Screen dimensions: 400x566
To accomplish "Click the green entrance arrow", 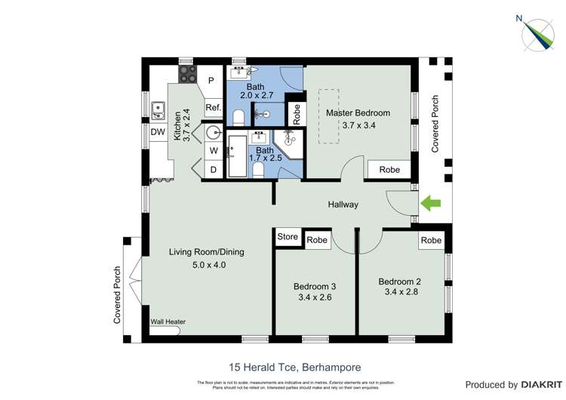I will tap(430, 202).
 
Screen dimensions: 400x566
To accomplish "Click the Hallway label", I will tap(343, 205).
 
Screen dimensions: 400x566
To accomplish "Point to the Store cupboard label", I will tap(288, 237).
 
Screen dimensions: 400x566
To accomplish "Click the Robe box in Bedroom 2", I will tap(431, 240).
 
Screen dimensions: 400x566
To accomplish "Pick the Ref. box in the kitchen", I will tap(213, 109).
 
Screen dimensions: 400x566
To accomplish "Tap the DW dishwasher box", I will tap(158, 132).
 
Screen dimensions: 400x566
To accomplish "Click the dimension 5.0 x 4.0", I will tap(208, 265).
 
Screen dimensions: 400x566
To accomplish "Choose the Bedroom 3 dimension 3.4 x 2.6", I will tap(315, 297).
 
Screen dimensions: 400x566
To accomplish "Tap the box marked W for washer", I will tap(214, 151).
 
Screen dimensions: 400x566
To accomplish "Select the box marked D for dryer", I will tap(214, 170).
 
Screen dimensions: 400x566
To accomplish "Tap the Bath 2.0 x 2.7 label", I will tap(256, 91).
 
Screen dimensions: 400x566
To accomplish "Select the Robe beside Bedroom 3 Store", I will tap(317, 240).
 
